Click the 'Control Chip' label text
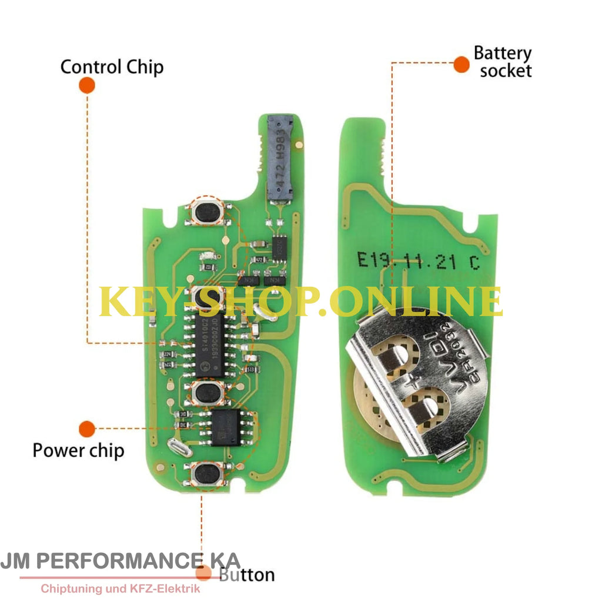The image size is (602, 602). pyautogui.click(x=112, y=66)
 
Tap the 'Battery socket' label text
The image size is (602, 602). pyautogui.click(x=503, y=62)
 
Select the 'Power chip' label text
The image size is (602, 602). pyautogui.click(x=78, y=451)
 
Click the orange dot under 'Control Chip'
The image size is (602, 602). pyautogui.click(x=86, y=85)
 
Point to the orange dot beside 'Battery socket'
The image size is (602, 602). pyautogui.click(x=461, y=65)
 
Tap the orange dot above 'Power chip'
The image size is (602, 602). pyautogui.click(x=86, y=429)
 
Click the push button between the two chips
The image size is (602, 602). pyautogui.click(x=208, y=392)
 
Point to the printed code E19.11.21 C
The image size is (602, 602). pyautogui.click(x=418, y=261)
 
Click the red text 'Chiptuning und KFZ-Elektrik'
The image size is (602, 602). pyautogui.click(x=120, y=588)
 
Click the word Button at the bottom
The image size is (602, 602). pyautogui.click(x=246, y=574)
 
